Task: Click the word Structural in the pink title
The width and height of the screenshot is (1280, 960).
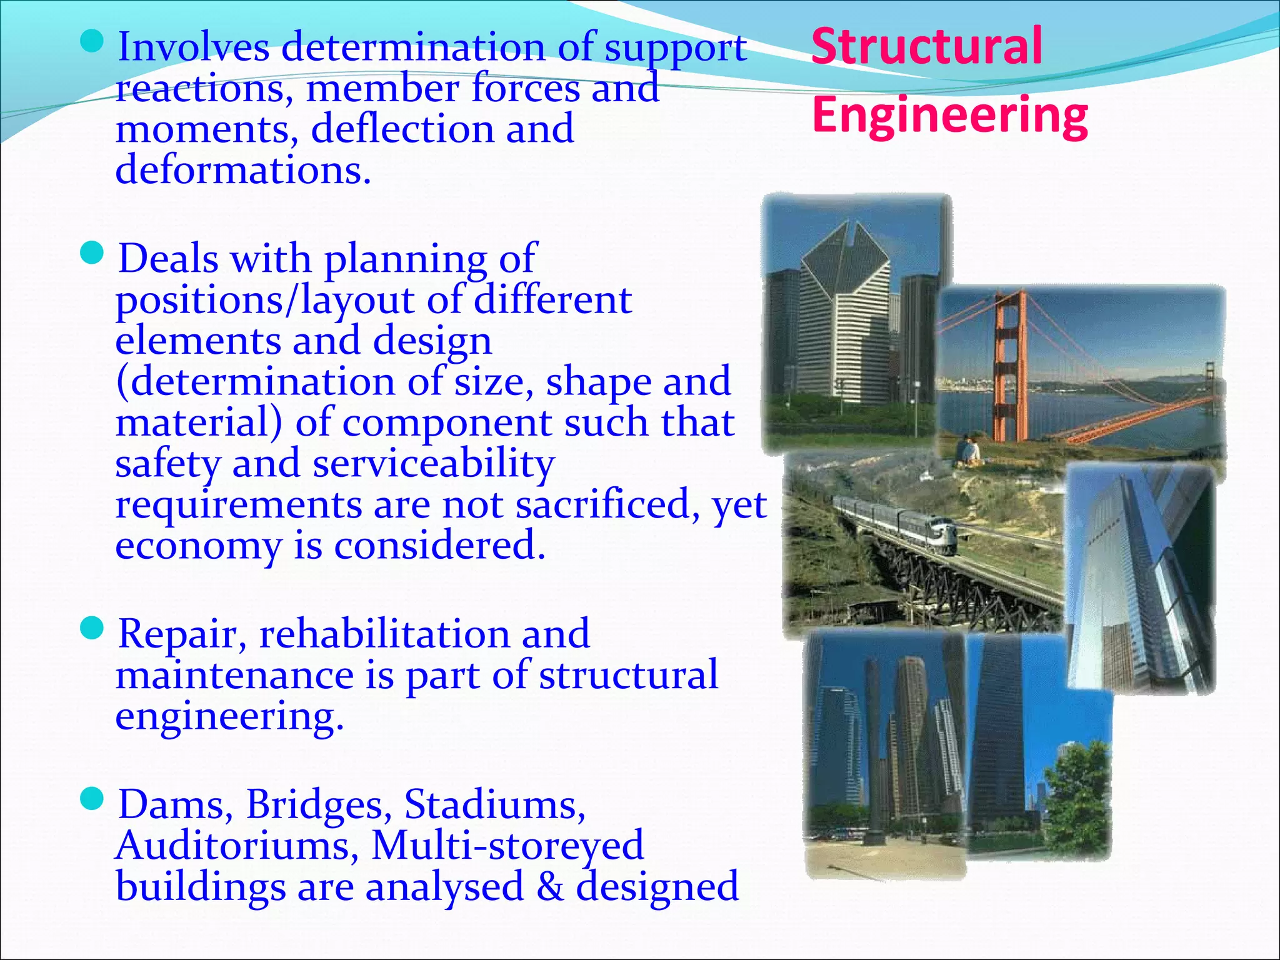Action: [x=926, y=46]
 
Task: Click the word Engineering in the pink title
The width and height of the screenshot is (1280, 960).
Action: [x=950, y=116]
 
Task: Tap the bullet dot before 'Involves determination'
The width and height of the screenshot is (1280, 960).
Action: [x=92, y=42]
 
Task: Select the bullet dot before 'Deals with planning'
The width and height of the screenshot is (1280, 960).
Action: [x=92, y=254]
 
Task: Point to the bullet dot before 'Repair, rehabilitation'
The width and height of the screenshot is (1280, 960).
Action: [x=92, y=629]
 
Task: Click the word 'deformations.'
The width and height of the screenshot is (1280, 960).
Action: [x=243, y=170]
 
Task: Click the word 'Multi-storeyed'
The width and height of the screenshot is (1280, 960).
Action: [x=507, y=846]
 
